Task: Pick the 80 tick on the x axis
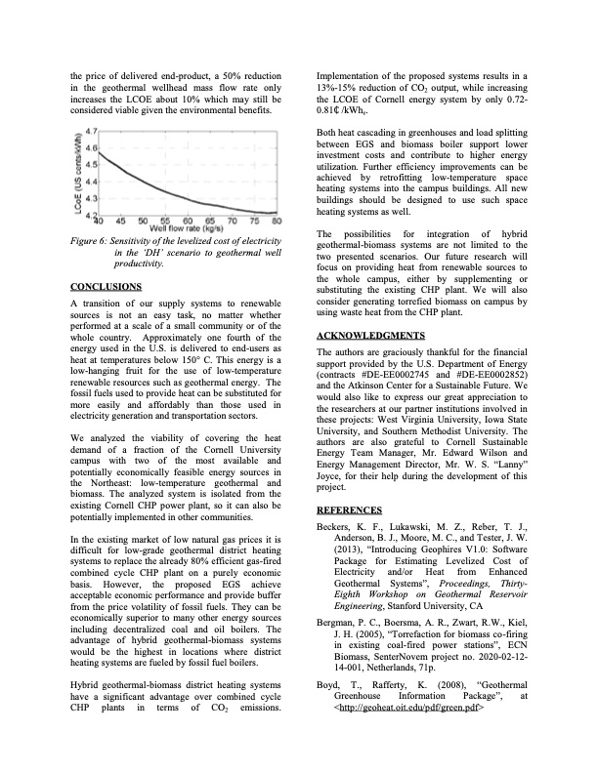point(277,221)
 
